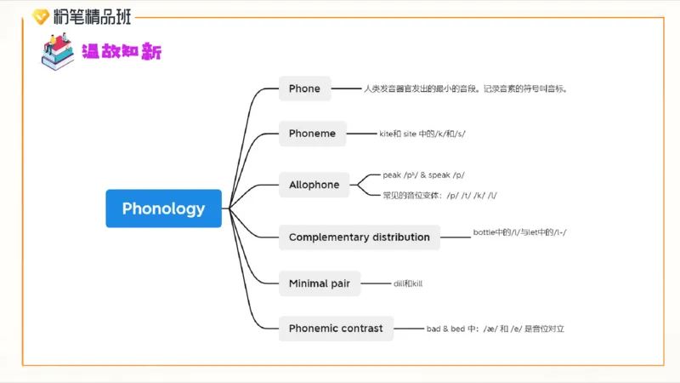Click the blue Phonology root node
[x=163, y=209]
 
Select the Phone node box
[x=304, y=89]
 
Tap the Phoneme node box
[x=312, y=134]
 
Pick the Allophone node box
[x=314, y=185]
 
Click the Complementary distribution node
[x=359, y=237]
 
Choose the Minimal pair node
[x=319, y=283]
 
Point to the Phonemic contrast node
[x=335, y=328]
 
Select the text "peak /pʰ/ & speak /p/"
[x=423, y=175]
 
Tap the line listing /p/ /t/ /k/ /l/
[x=440, y=195]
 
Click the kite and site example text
[x=422, y=134]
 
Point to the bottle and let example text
[x=519, y=232]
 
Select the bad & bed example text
[x=496, y=328]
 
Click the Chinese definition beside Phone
[x=465, y=89]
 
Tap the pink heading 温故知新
[x=122, y=52]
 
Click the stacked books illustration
[x=58, y=52]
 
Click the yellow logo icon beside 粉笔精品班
[x=40, y=16]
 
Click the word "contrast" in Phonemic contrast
[x=360, y=328]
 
